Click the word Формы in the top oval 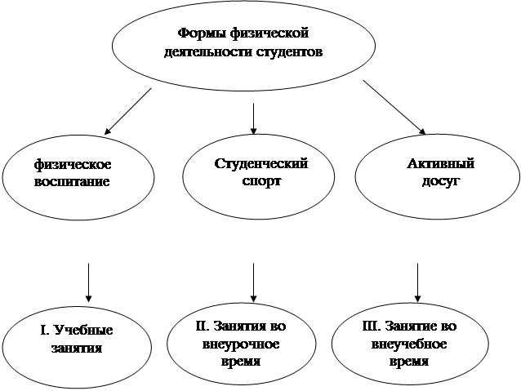198,34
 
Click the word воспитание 72,180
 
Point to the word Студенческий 260,163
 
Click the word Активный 440,164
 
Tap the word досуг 440,180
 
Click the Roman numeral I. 44,331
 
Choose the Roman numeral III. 370,326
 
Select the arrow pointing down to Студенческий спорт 254,118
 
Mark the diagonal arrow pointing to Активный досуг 394,106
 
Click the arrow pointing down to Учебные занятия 88,282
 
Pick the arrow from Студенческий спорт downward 254,282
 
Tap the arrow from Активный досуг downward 418,282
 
